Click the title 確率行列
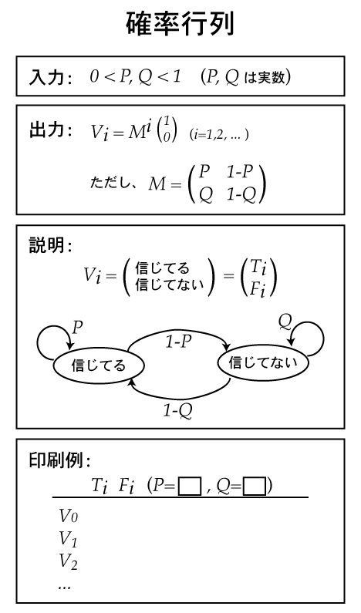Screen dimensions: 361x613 [x=180, y=24]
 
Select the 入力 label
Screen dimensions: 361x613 [x=46, y=77]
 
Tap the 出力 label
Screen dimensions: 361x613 [x=46, y=130]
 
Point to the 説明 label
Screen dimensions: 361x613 [x=46, y=245]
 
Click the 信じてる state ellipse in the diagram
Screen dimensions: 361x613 [x=99, y=365]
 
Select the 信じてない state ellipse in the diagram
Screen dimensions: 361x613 [x=263, y=362]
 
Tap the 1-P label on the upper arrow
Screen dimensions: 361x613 [x=178, y=342]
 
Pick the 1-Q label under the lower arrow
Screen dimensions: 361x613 [x=177, y=410]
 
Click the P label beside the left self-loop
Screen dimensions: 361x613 [x=78, y=328]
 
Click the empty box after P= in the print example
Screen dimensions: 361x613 [x=190, y=486]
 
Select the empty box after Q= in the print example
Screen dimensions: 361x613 [x=255, y=486]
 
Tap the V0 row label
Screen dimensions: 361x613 [x=68, y=516]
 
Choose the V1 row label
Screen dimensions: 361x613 [x=68, y=539]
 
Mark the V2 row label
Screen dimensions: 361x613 [x=68, y=561]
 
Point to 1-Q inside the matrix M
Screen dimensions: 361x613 [x=241, y=194]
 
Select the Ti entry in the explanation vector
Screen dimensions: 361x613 [x=258, y=268]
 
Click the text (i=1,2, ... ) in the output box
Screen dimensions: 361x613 [x=219, y=134]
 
